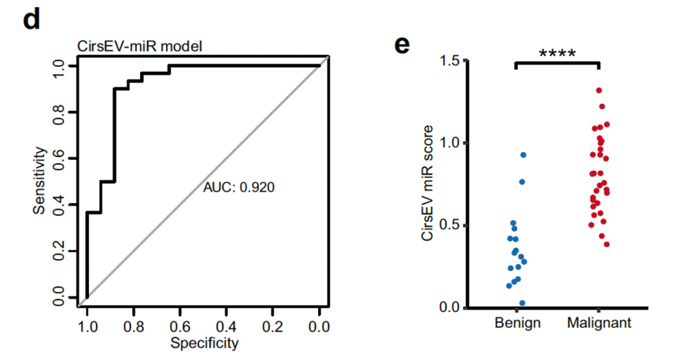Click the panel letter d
pos(31,20)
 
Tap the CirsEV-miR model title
pos(139,46)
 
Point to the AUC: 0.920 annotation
pos(239,188)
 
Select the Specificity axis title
pos(204,343)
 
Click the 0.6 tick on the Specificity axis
pos(180,327)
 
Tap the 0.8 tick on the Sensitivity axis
pos(59,112)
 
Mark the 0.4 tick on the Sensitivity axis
pos(59,205)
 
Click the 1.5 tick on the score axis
pos(450,60)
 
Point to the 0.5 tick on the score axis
pos(450,226)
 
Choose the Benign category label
pos(517,323)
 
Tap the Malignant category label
pos(599,323)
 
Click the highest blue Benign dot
pos(523,155)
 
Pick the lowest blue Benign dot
pos(522,303)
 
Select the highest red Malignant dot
pos(599,90)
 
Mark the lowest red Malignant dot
pos(606,244)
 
